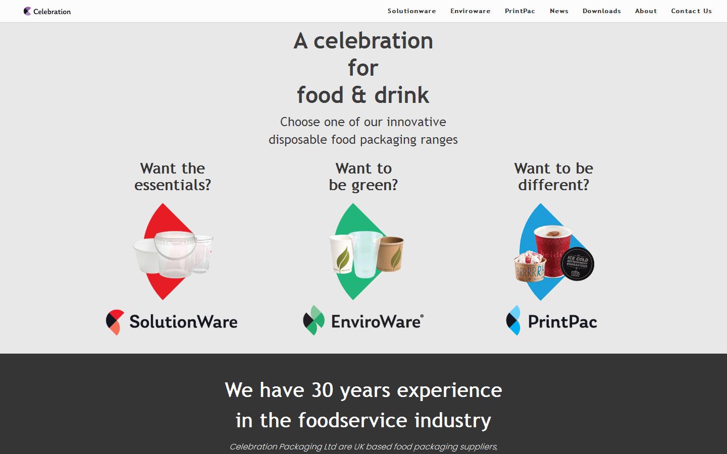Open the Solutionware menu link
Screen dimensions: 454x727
pyautogui.click(x=411, y=11)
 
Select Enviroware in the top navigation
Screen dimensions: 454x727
pyautogui.click(x=470, y=11)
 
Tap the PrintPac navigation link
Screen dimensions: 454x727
pyautogui.click(x=520, y=11)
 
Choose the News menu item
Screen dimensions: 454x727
pyautogui.click(x=559, y=11)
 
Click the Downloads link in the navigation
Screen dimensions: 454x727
pyautogui.click(x=601, y=11)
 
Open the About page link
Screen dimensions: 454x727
pyautogui.click(x=646, y=11)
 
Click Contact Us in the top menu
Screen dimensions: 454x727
pyautogui.click(x=691, y=11)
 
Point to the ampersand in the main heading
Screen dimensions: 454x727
pyautogui.click(x=358, y=95)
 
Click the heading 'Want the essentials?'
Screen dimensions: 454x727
pyautogui.click(x=173, y=177)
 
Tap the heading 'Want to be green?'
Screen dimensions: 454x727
pyautogui.click(x=363, y=177)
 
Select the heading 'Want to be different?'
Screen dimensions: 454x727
pyautogui.click(x=553, y=177)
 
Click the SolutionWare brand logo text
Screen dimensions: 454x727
pyautogui.click(x=183, y=322)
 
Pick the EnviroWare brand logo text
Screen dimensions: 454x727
pyautogui.click(x=376, y=322)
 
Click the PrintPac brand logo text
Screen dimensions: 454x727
pyautogui.click(x=562, y=322)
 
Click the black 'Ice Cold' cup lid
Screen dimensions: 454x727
pyautogui.click(x=578, y=264)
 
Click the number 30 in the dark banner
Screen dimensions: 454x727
pyautogui.click(x=322, y=390)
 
